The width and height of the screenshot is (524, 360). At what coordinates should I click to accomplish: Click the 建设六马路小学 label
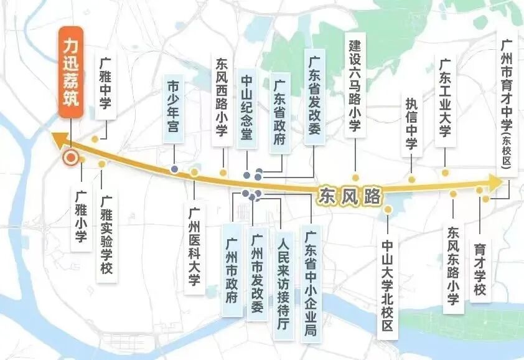[355, 87]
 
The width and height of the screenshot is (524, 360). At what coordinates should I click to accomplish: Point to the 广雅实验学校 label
[106, 237]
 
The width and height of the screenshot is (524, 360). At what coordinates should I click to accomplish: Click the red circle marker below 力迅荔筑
[71, 158]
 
